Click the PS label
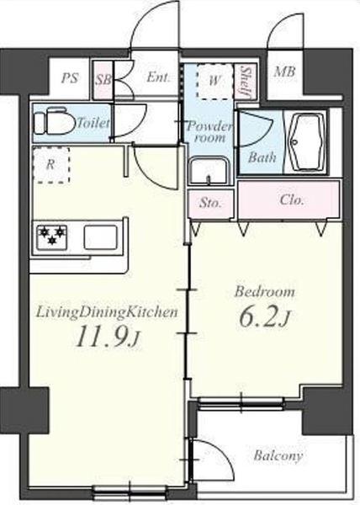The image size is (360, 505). pyautogui.click(x=70, y=78)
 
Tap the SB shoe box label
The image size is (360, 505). pyautogui.click(x=103, y=79)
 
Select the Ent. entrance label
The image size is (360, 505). pyautogui.click(x=158, y=77)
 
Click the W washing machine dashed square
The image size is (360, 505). pyautogui.click(x=214, y=81)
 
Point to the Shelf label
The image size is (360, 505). pyautogui.click(x=247, y=82)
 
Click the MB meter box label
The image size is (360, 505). pyautogui.click(x=284, y=72)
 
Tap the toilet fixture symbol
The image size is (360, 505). pyautogui.click(x=54, y=123)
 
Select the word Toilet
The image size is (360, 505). pyautogui.click(x=93, y=123)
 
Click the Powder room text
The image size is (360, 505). pyautogui.click(x=209, y=132)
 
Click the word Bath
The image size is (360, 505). pyautogui.click(x=262, y=157)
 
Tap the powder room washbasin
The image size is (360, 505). pyautogui.click(x=209, y=170)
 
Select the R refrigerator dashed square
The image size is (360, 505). pyautogui.click(x=51, y=165)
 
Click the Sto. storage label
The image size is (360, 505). pyautogui.click(x=211, y=203)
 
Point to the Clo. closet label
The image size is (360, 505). pyautogui.click(x=292, y=200)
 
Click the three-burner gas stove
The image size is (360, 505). pyautogui.click(x=52, y=237)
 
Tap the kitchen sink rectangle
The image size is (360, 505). pyautogui.click(x=101, y=237)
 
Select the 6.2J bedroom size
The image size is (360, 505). pyautogui.click(x=265, y=318)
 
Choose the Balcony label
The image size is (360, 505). pyautogui.click(x=278, y=456)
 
